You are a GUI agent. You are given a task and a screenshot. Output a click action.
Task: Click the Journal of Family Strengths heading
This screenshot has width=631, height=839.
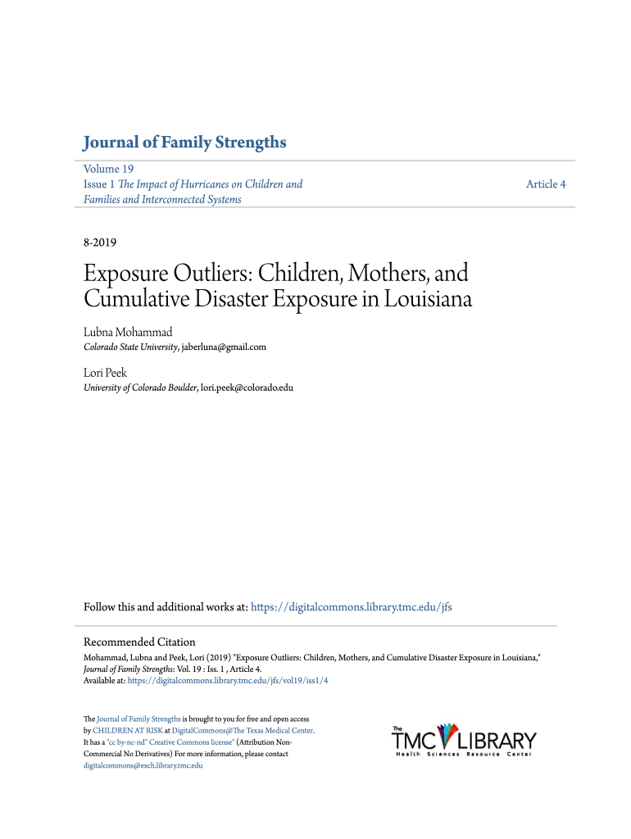click(184, 143)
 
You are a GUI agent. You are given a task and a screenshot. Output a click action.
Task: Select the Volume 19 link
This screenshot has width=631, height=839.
click(108, 169)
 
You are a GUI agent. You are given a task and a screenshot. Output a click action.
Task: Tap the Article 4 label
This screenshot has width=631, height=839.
click(546, 184)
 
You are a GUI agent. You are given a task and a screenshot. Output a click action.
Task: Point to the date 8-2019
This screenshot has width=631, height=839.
click(100, 243)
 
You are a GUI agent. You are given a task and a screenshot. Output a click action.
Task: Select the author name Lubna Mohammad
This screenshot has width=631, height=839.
click(128, 332)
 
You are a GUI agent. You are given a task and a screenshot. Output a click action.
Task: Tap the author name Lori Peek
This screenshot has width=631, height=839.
click(106, 372)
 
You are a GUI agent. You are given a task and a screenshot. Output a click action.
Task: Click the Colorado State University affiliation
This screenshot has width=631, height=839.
click(131, 347)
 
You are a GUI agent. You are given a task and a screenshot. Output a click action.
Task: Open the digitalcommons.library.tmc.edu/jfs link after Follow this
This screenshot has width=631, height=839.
click(351, 607)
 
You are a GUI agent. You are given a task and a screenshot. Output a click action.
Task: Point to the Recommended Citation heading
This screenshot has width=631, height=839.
click(139, 642)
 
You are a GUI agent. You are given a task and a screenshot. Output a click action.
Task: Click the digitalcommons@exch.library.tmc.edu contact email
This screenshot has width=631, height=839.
click(143, 765)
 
